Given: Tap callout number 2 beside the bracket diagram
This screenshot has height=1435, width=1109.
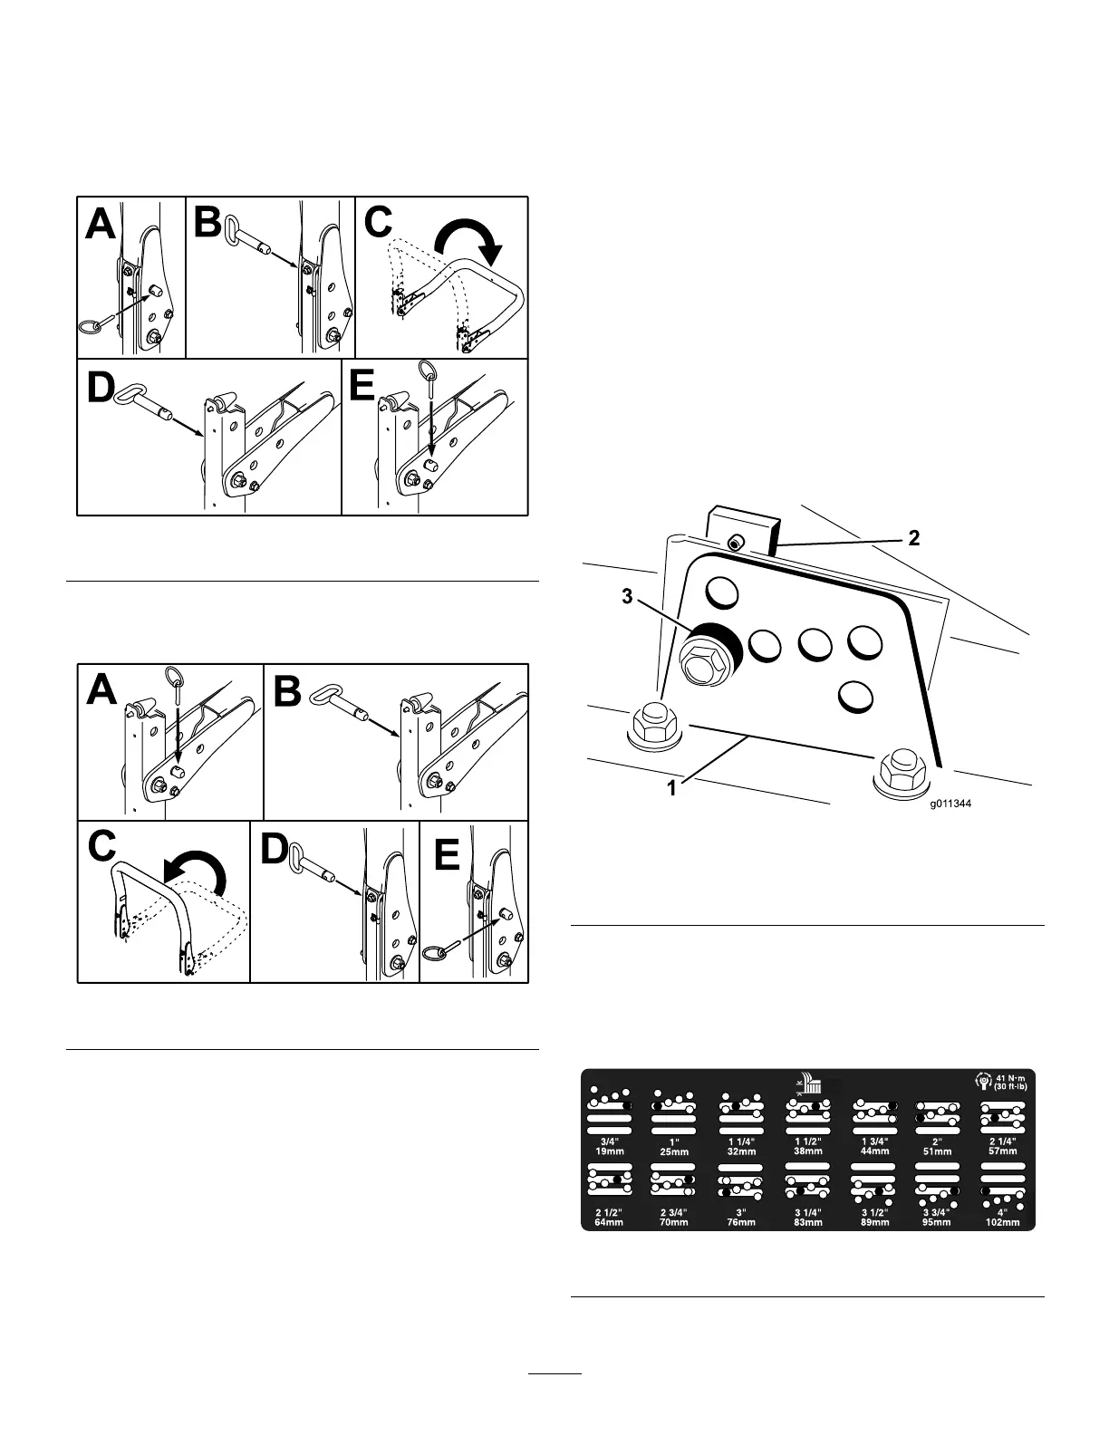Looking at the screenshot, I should [914, 538].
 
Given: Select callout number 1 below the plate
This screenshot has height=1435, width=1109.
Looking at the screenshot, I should [671, 788].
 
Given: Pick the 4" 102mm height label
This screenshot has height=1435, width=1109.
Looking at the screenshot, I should [1000, 1217].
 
